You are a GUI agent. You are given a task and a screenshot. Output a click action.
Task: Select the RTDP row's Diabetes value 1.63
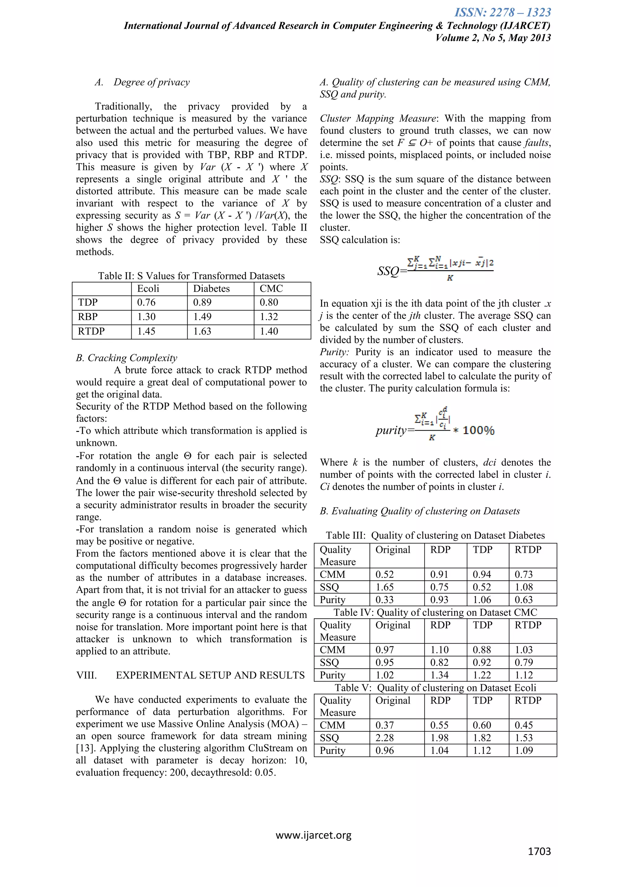point(202,331)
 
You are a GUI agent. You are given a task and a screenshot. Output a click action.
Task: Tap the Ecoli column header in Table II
point(148,289)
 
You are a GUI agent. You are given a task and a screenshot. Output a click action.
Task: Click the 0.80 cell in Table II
point(269,303)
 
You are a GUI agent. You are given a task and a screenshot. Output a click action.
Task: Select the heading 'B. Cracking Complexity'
point(126,358)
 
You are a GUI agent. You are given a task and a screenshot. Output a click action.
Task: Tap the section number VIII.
point(86,675)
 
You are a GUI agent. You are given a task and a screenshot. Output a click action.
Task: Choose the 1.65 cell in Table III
point(385,587)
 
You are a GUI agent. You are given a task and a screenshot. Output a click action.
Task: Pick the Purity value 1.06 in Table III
point(482,600)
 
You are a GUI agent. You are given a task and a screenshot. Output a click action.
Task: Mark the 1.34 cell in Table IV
point(439,675)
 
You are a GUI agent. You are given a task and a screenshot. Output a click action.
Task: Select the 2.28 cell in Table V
point(385,738)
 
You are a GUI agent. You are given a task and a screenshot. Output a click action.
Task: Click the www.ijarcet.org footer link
point(313,835)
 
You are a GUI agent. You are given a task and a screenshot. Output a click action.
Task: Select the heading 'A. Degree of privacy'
point(142,82)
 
